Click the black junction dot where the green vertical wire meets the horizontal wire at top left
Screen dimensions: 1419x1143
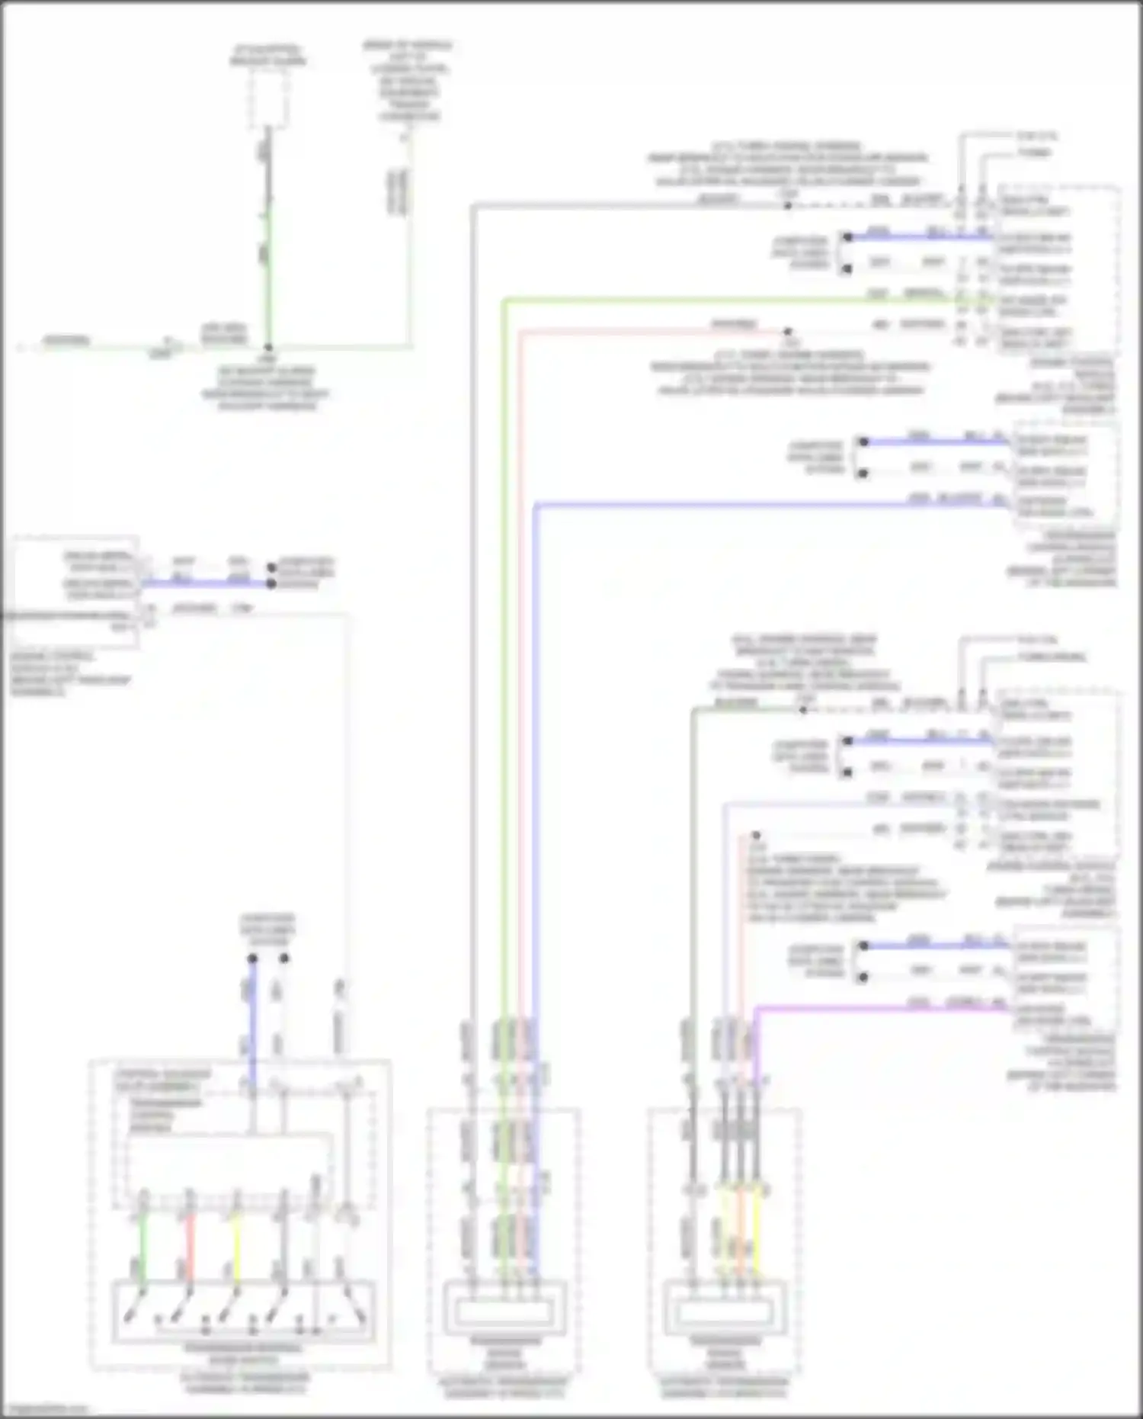pyautogui.click(x=267, y=347)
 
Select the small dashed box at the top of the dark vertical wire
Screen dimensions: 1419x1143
pyautogui.click(x=269, y=97)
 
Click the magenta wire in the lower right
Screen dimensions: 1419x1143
pyautogui.click(x=876, y=1008)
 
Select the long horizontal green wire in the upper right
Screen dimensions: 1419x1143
pyautogui.click(x=724, y=299)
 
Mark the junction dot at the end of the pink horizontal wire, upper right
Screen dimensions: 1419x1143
pyautogui.click(x=788, y=331)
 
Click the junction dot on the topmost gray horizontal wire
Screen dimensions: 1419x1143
pyautogui.click(x=788, y=204)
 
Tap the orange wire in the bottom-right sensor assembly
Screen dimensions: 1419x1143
pyautogui.click(x=741, y=1235)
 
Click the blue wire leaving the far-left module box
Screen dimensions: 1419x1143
pyautogui.click(x=206, y=584)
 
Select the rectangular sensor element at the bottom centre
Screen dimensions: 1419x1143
pyautogui.click(x=504, y=1311)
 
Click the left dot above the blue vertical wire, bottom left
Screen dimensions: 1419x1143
pyautogui.click(x=252, y=958)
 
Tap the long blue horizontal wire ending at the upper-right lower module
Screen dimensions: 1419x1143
pyautogui.click(x=762, y=504)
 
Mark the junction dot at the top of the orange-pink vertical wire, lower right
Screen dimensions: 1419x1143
pyautogui.click(x=755, y=836)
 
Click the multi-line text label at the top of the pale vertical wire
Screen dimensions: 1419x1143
pyautogui.click(x=408, y=81)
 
